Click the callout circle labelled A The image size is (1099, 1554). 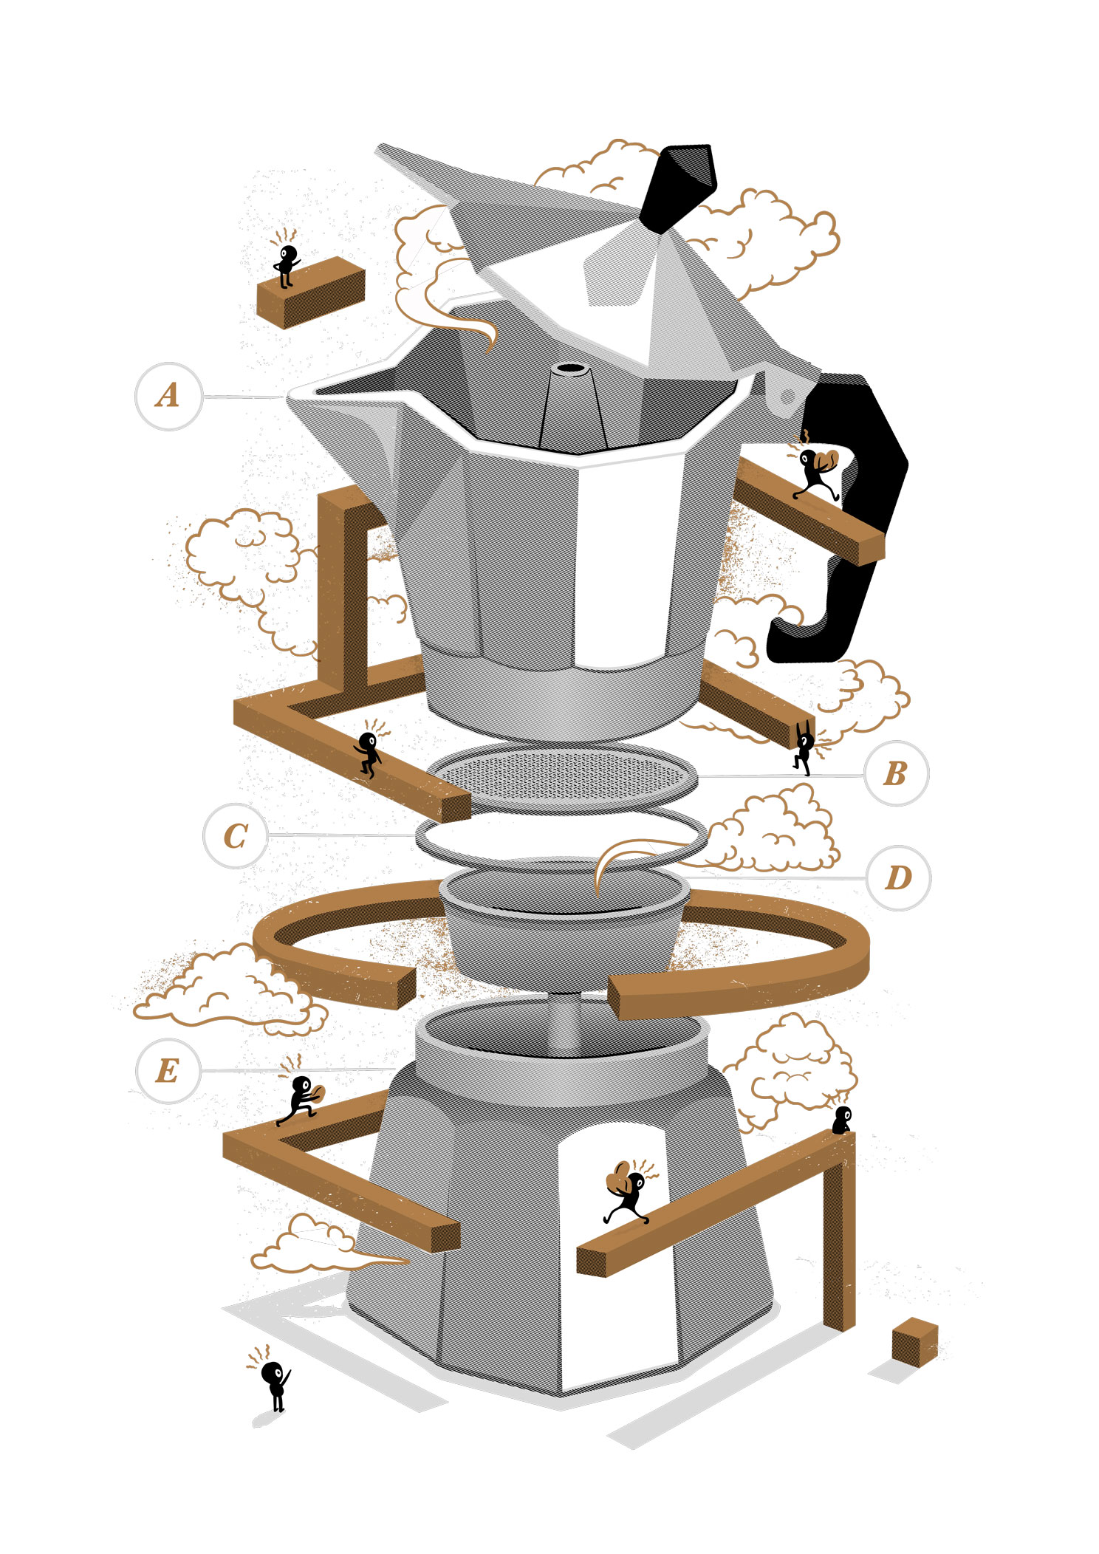tap(168, 396)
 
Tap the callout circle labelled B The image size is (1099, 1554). tap(896, 773)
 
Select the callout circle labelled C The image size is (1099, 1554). tap(236, 836)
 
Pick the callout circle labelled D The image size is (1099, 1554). tap(898, 878)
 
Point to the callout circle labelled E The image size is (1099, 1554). tap(168, 1071)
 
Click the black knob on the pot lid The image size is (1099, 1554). tap(678, 188)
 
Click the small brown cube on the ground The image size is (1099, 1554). tap(914, 1341)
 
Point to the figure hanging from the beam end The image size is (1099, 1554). tap(804, 748)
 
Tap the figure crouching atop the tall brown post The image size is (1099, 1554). tap(842, 1120)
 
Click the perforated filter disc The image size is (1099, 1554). tap(565, 776)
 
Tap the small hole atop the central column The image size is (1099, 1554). tap(569, 368)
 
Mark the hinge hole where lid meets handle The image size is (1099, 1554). tap(787, 397)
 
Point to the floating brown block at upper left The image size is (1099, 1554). tap(311, 292)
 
